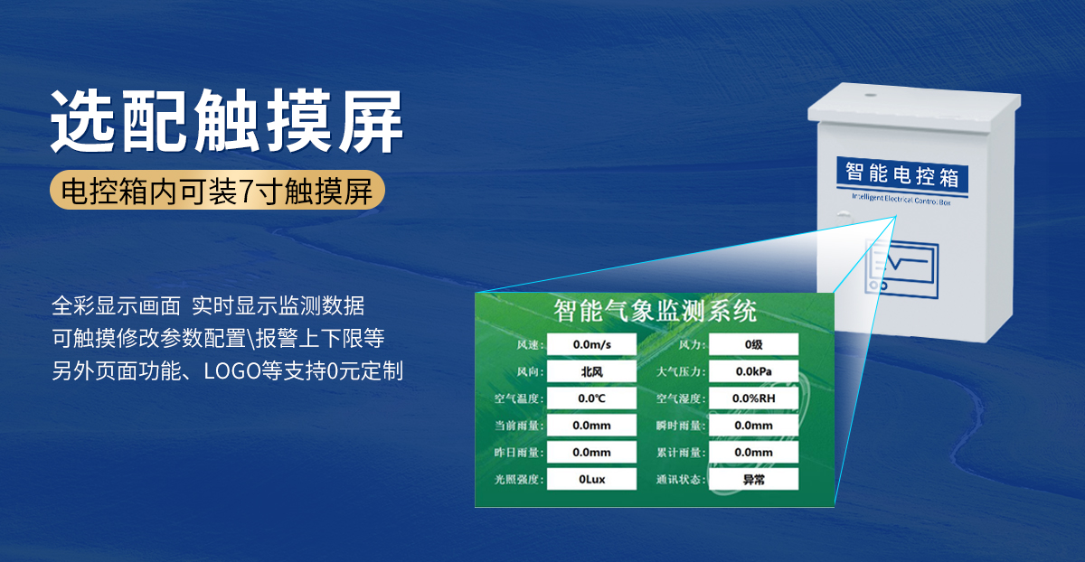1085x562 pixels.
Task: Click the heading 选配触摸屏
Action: tap(227, 120)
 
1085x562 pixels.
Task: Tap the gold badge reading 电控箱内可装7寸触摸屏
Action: tap(217, 192)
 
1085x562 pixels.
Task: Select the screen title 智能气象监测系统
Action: tap(655, 312)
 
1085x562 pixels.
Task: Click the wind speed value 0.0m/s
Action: tap(592, 344)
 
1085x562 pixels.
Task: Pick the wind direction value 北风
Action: tap(592, 371)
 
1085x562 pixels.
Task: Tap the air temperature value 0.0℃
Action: tap(592, 398)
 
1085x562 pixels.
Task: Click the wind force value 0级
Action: tap(753, 344)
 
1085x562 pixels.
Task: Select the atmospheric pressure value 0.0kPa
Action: tap(753, 371)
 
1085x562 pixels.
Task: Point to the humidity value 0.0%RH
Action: tap(753, 398)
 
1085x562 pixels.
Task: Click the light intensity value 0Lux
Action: tap(592, 479)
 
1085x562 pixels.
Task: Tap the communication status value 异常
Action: tap(753, 479)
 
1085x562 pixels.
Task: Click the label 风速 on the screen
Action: tap(528, 345)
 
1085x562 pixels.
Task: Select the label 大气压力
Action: tap(679, 371)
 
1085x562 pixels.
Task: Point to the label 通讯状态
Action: tap(679, 480)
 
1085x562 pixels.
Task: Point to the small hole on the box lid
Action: tap(870, 92)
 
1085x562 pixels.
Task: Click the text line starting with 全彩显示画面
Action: tap(208, 305)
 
